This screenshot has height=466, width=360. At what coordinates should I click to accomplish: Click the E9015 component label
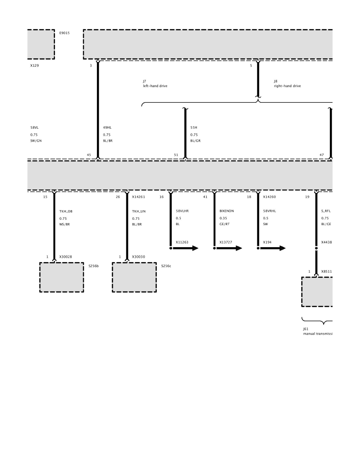coord(64,33)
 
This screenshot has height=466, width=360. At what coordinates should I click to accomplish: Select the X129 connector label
coord(35,66)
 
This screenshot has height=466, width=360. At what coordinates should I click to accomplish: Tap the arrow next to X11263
coord(185,248)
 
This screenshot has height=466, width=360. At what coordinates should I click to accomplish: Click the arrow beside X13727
coord(229,248)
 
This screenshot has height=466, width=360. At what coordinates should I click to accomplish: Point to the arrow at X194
coord(273,248)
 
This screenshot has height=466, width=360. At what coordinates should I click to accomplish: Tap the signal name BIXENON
coord(227,211)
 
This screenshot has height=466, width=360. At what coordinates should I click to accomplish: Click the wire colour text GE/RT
coord(225,224)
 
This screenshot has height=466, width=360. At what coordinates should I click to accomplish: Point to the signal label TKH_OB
coord(66,211)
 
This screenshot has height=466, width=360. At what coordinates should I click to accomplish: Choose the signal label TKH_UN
coord(139,211)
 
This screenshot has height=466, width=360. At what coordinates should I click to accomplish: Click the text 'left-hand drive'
coord(155,86)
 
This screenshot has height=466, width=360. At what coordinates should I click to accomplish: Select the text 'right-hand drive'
coord(287,86)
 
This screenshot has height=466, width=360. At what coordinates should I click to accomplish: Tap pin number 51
coord(176,155)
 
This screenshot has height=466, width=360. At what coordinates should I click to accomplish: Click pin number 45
coord(89,155)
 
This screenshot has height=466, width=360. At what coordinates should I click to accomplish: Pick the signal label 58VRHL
coord(269,211)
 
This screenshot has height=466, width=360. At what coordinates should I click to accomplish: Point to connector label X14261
coord(138,197)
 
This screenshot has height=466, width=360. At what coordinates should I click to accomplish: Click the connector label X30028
coord(65,257)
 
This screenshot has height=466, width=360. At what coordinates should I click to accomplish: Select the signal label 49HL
coord(107,127)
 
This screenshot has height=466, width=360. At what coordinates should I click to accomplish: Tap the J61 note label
coord(305,329)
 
